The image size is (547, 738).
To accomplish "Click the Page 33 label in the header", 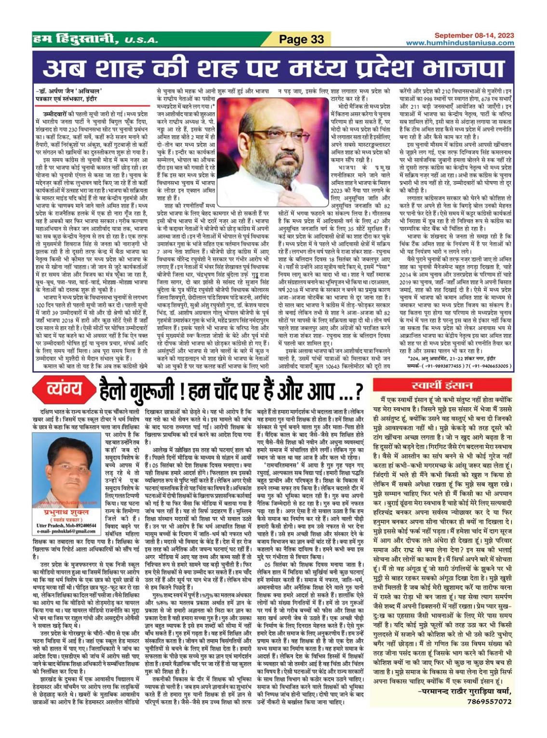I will [301, 39].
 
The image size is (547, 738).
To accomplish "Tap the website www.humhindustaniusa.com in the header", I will [460, 43].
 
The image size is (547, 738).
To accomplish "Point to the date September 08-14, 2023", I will [474, 36].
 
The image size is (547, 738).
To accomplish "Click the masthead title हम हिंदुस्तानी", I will [76, 39].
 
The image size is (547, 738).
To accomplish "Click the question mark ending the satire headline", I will [358, 391].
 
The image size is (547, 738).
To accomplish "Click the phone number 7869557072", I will [489, 702].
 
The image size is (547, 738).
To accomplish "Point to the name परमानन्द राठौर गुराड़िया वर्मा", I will [464, 692].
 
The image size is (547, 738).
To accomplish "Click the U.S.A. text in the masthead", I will [141, 40].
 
